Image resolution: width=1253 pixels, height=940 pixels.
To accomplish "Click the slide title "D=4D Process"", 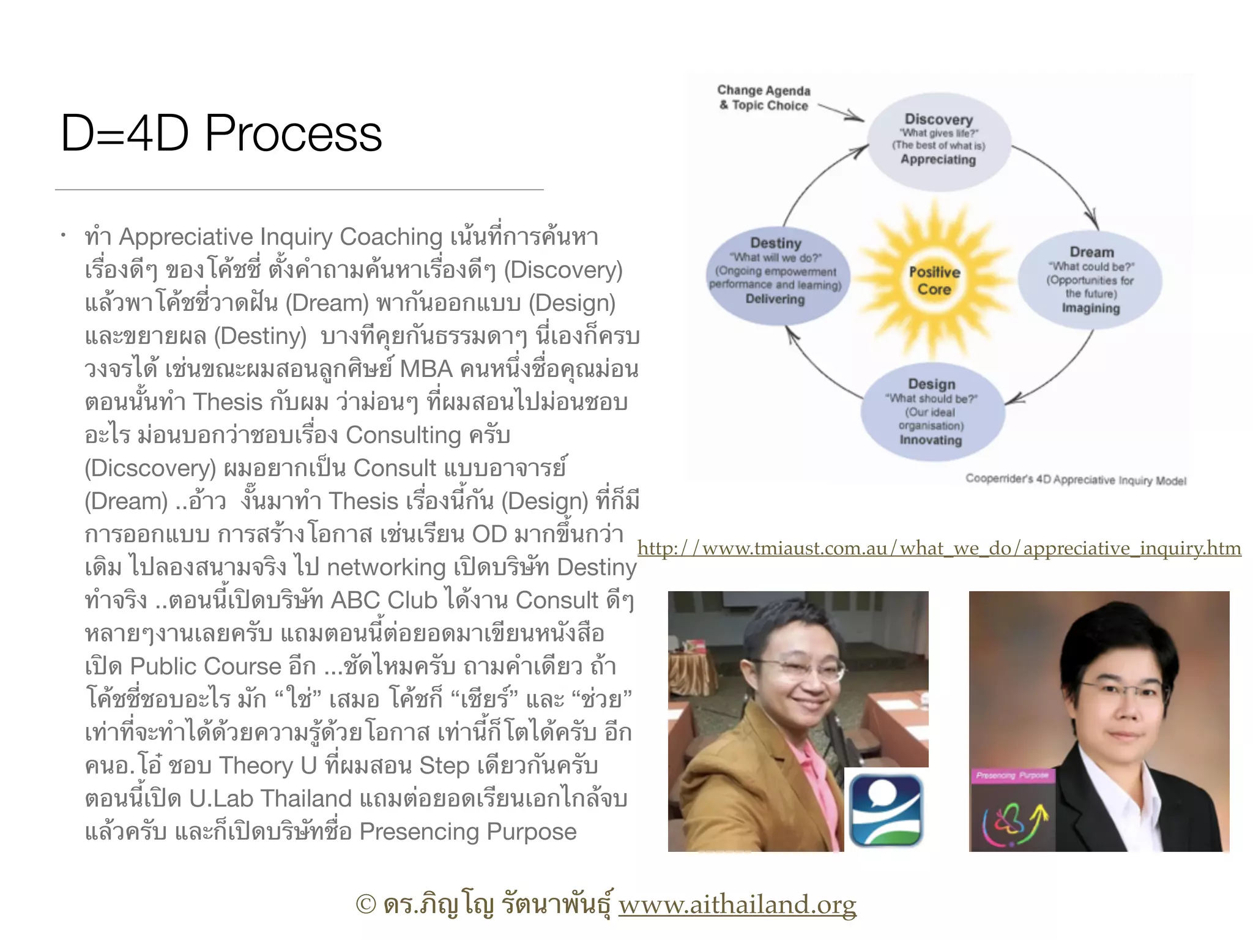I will pos(221,133).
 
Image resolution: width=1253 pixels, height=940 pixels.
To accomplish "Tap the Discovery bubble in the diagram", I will pos(938,140).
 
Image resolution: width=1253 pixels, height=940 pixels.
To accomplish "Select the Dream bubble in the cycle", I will pos(1091,280).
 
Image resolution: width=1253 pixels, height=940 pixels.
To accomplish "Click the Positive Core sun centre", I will pos(934,281).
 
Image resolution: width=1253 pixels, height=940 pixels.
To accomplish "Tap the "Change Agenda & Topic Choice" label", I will pos(764,98).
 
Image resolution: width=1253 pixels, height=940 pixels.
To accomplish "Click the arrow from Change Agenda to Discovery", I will pos(841,112).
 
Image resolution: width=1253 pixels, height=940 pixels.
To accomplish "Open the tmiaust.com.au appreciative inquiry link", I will pos(939,548).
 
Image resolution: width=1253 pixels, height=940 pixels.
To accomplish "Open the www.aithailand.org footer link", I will pos(737,905).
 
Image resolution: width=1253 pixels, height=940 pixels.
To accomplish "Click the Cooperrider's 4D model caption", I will pos(1076,480).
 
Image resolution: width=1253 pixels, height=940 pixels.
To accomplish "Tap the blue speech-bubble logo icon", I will pos(886,809).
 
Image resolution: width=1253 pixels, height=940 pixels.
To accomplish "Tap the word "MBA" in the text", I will pos(426,369).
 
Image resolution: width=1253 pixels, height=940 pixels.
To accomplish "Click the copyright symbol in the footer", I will pos(366,905).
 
